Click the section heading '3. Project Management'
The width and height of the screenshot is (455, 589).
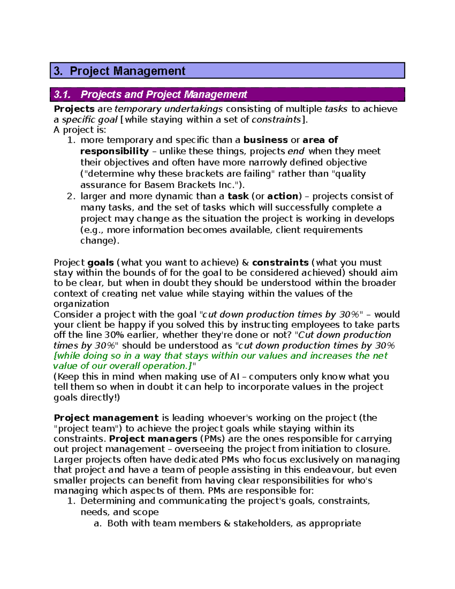(119, 71)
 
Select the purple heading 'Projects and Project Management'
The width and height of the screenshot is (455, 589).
(163, 94)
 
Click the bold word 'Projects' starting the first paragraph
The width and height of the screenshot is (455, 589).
(74, 109)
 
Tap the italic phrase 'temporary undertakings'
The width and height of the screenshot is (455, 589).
(168, 109)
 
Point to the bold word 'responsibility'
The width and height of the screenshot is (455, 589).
(115, 151)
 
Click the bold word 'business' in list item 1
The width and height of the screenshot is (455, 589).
(265, 140)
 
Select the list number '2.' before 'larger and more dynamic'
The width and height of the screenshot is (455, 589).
(71, 196)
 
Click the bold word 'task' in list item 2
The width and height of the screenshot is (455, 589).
(238, 196)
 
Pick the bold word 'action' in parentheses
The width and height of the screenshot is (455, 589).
(283, 196)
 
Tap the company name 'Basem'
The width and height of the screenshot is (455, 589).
(160, 185)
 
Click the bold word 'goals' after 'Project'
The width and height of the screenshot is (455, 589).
(100, 263)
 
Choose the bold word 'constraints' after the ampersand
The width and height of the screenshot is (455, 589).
(280, 263)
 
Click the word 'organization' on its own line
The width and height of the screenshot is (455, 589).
(81, 304)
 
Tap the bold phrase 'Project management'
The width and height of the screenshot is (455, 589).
(106, 418)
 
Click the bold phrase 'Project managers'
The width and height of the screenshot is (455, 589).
(153, 439)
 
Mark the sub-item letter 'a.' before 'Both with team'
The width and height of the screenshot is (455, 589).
(98, 524)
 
